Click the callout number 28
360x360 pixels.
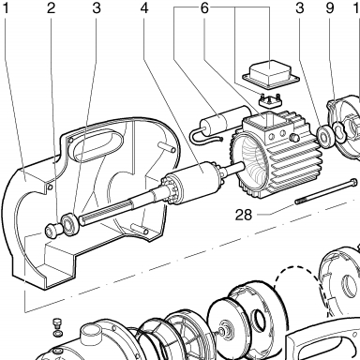[x=244, y=215]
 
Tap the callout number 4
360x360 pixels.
[x=144, y=8]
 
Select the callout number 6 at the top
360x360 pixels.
[x=204, y=8]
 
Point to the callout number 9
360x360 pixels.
[x=330, y=8]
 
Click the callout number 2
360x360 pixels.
[x=51, y=8]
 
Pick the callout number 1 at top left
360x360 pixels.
[x=6, y=8]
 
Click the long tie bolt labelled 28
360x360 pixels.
[x=326, y=191]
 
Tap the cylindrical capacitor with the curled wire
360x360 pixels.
[x=220, y=122]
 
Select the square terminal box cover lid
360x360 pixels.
[x=271, y=73]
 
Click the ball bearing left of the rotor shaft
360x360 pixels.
[x=70, y=224]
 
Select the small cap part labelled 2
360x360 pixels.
[x=52, y=232]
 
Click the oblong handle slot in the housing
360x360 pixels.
[x=97, y=146]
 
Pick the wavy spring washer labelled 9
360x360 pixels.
[x=338, y=130]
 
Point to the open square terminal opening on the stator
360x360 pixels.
[x=267, y=119]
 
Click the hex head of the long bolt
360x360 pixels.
[x=353, y=182]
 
